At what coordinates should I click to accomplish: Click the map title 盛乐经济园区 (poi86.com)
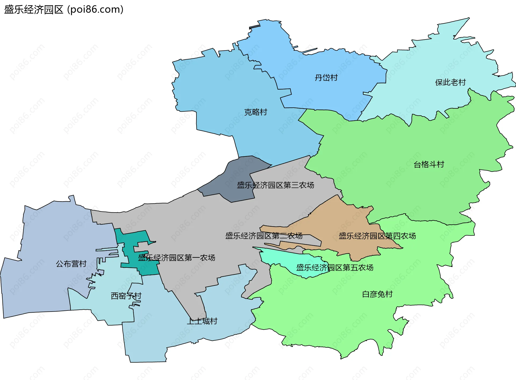point(64,9)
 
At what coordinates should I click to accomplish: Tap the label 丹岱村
point(326,78)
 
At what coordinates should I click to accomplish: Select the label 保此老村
point(450,82)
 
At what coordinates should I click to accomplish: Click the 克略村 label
point(256,112)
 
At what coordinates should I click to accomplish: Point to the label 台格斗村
point(429,164)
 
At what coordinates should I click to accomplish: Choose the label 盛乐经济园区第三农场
point(275,185)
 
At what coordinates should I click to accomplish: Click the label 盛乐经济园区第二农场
point(264,236)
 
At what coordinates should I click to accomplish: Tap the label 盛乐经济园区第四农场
point(377,236)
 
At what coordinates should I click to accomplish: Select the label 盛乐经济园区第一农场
point(177,258)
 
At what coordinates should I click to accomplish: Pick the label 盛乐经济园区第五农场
point(335,268)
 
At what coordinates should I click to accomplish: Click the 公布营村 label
point(71,264)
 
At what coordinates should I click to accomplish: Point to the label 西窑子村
point(126,296)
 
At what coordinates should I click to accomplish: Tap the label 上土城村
point(202,321)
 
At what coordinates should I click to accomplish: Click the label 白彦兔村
point(377,294)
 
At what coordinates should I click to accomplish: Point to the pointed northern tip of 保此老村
point(469,18)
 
